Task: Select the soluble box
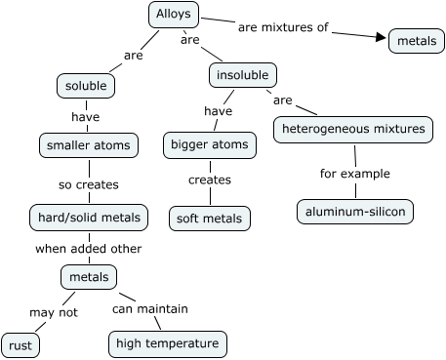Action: point(86,86)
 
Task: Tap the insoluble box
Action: point(243,74)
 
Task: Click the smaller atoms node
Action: point(87,145)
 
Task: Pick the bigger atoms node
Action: point(210,145)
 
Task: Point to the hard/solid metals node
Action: point(88,217)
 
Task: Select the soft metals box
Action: point(209,218)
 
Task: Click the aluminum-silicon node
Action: point(355,211)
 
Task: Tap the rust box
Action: point(20,345)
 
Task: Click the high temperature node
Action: point(167,343)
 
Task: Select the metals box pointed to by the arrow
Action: point(416,41)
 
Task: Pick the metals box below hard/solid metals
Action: point(88,277)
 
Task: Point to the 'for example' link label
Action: point(355,174)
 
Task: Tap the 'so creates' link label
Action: point(88,182)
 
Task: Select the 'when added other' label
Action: point(88,248)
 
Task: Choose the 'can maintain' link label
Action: point(149,309)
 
